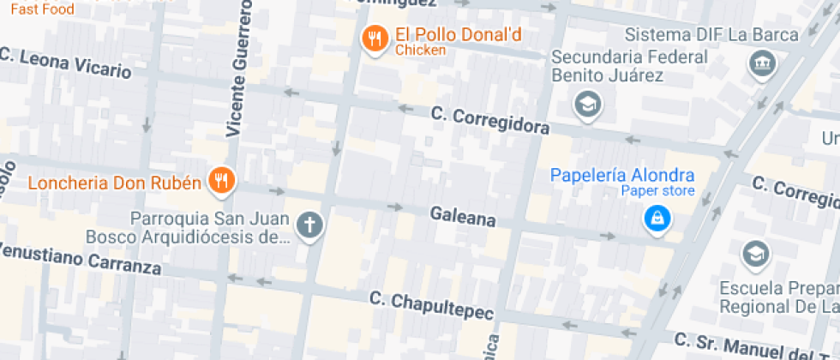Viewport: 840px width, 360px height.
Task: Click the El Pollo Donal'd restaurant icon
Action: tap(374, 39)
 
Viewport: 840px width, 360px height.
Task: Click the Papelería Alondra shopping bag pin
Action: tap(657, 218)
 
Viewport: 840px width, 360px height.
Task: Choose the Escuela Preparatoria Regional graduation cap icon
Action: tap(756, 254)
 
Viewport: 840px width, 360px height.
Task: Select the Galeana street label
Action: tap(463, 218)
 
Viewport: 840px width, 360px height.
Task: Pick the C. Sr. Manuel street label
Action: tap(754, 348)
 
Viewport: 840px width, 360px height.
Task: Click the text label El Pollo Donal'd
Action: tap(458, 36)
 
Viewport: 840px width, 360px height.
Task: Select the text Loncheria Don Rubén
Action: tap(115, 183)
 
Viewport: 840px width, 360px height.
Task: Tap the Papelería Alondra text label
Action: tap(621, 175)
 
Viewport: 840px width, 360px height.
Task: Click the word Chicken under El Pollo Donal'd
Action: tap(420, 51)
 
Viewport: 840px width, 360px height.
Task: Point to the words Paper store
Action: tap(657, 191)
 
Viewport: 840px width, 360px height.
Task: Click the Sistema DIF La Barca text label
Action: tap(711, 35)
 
